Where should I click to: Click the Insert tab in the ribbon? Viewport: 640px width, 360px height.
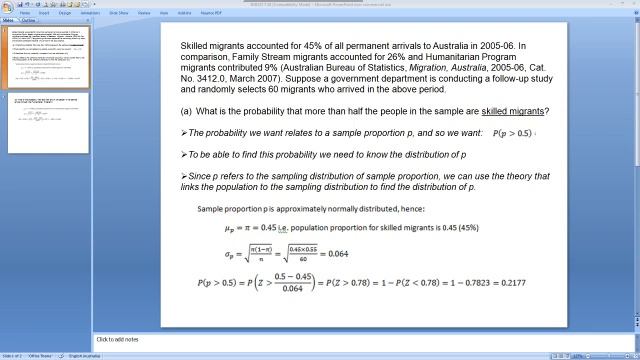pos(44,14)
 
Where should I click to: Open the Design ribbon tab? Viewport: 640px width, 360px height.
pos(64,14)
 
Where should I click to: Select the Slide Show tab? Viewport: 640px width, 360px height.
pos(118,14)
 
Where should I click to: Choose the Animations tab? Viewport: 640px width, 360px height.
pos(89,14)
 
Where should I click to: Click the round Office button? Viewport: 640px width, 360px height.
pos(6,6)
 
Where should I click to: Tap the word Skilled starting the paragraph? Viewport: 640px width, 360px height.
pos(195,46)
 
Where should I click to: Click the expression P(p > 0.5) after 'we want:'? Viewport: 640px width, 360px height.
pos(511,133)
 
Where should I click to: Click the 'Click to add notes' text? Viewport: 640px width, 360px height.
pos(119,339)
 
